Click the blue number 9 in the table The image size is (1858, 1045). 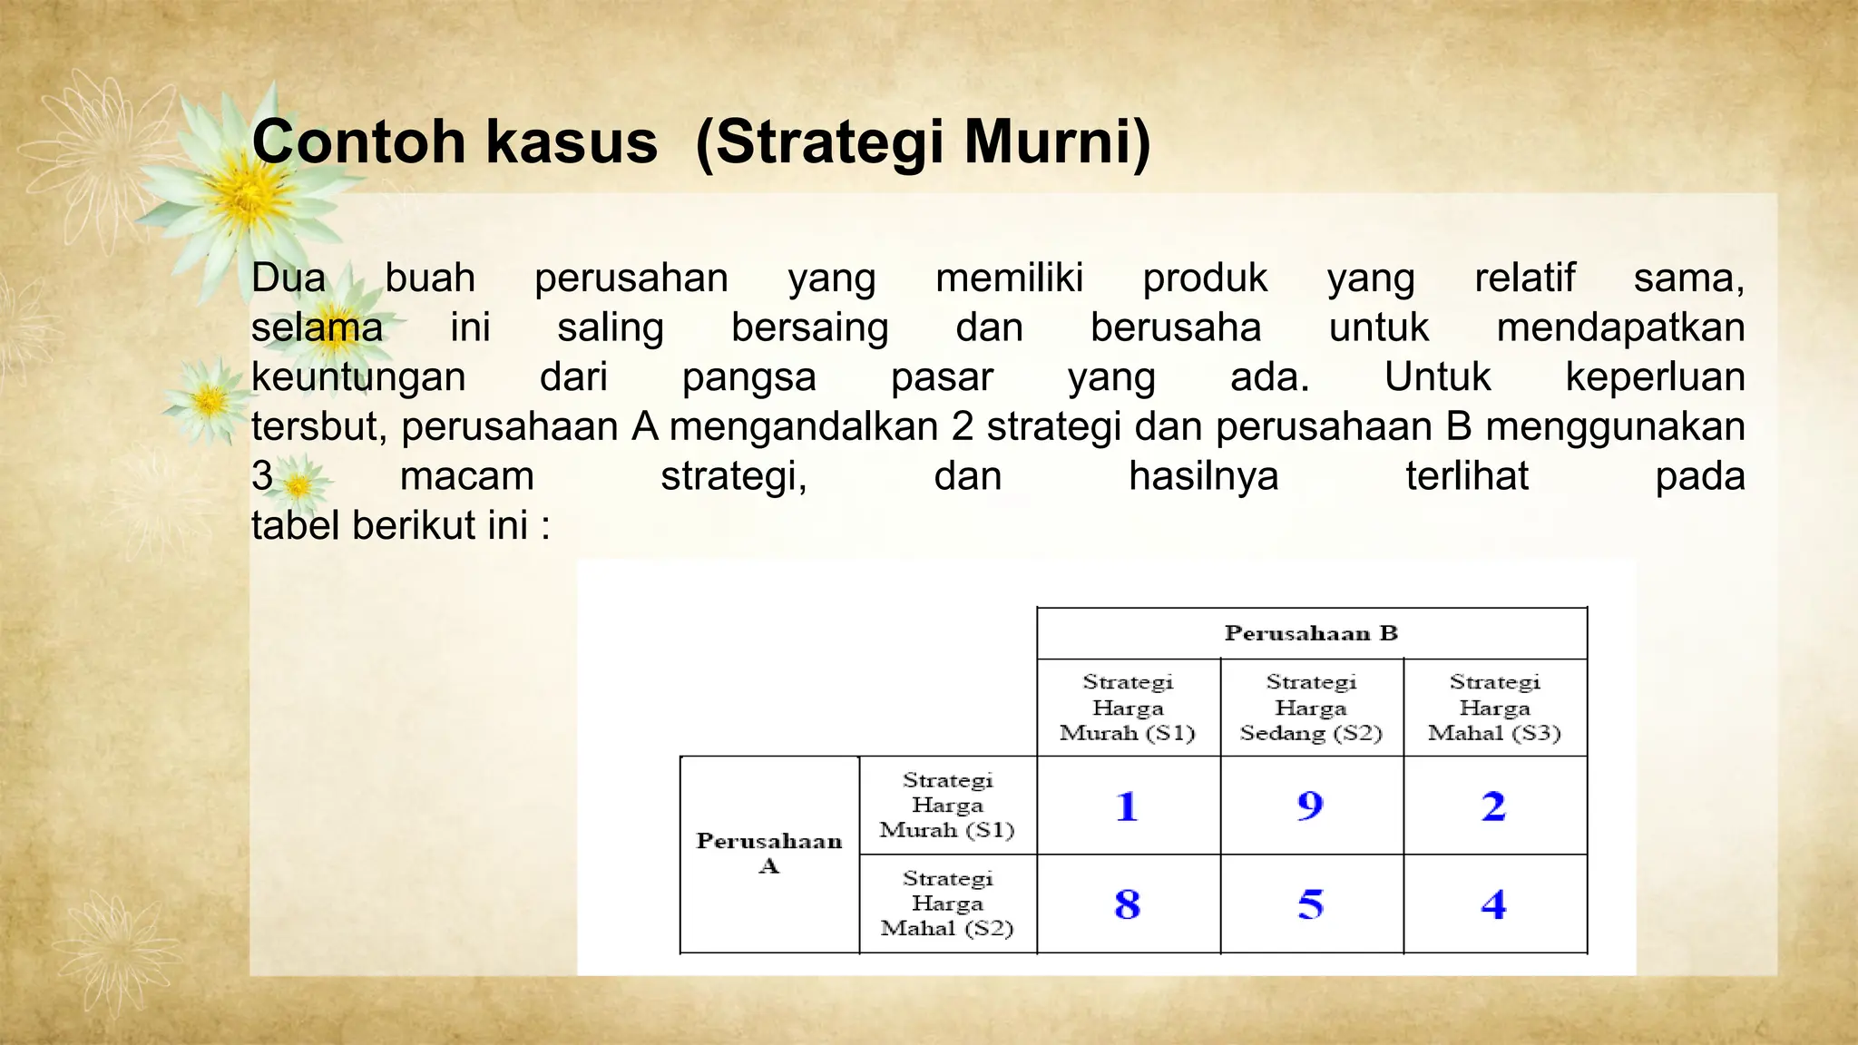click(1310, 806)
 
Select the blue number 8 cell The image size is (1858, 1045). click(1127, 904)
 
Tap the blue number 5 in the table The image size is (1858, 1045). click(1310, 904)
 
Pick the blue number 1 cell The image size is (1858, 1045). click(1127, 806)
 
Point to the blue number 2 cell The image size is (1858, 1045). click(1493, 806)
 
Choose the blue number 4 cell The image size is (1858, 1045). click(1493, 904)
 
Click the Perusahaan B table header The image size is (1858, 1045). click(1311, 633)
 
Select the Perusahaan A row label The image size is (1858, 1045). click(768, 853)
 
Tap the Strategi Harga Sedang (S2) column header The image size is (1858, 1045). click(1311, 708)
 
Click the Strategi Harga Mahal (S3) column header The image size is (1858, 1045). click(1494, 708)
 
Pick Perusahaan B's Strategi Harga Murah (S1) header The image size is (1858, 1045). click(1128, 708)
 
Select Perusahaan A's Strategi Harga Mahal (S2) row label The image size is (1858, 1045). click(947, 903)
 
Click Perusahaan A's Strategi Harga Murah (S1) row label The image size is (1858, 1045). click(947, 805)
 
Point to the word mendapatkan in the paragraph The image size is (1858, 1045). click(1620, 327)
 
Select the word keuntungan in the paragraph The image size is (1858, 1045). click(358, 377)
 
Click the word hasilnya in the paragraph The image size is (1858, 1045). click(1203, 476)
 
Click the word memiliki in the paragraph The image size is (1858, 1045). click(1009, 278)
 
